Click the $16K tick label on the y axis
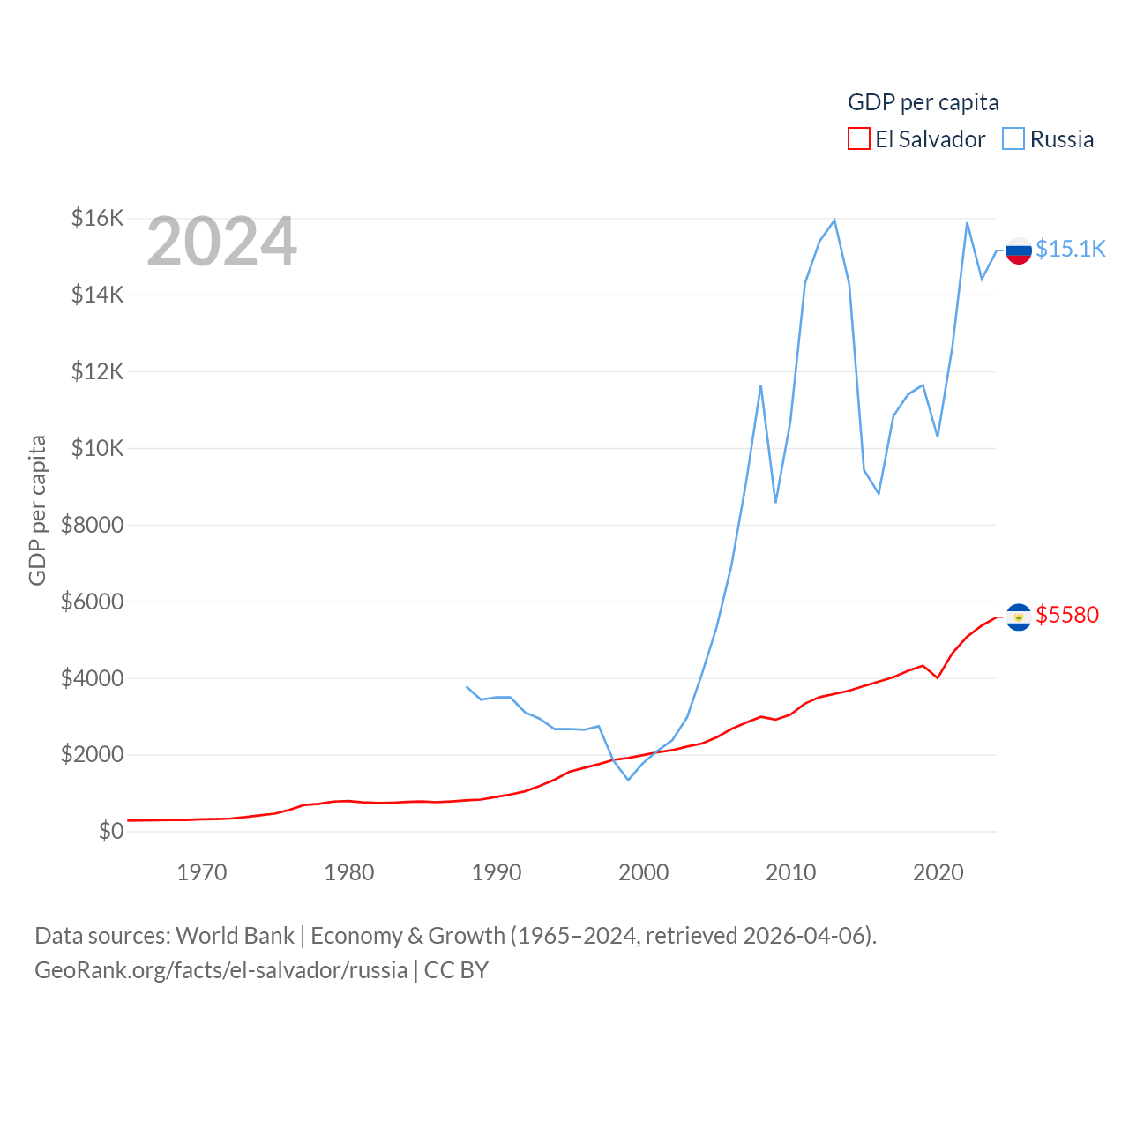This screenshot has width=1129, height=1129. (x=97, y=218)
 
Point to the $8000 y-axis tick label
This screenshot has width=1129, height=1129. (x=92, y=525)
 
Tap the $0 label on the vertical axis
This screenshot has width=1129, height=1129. (x=111, y=831)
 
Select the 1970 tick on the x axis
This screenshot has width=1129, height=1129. (x=202, y=872)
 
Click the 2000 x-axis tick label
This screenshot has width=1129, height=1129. (x=644, y=872)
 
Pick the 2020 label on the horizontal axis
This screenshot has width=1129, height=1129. (x=938, y=872)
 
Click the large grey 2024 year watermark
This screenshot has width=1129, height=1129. (x=221, y=242)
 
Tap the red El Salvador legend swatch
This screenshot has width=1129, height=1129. (x=858, y=139)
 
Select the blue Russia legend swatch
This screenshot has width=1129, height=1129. (x=1013, y=139)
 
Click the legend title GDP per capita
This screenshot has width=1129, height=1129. (x=923, y=102)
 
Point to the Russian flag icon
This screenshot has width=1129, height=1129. (x=1019, y=250)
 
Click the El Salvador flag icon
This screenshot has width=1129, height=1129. (x=1019, y=617)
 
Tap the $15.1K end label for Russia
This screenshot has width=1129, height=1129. (x=1070, y=249)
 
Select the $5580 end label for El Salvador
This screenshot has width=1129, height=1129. (x=1067, y=615)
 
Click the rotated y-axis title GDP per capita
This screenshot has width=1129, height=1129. (x=37, y=510)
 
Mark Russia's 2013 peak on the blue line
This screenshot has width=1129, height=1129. (x=834, y=220)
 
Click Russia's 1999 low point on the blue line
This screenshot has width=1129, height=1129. (x=628, y=780)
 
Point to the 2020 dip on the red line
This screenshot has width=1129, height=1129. (x=938, y=677)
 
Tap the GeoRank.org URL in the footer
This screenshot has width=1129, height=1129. (x=221, y=970)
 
